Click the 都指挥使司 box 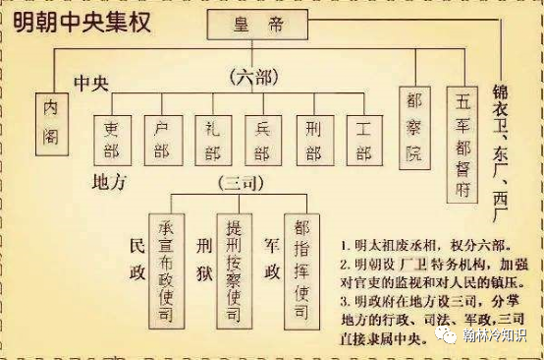(300, 266)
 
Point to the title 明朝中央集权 (82, 21)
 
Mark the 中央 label (94, 81)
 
